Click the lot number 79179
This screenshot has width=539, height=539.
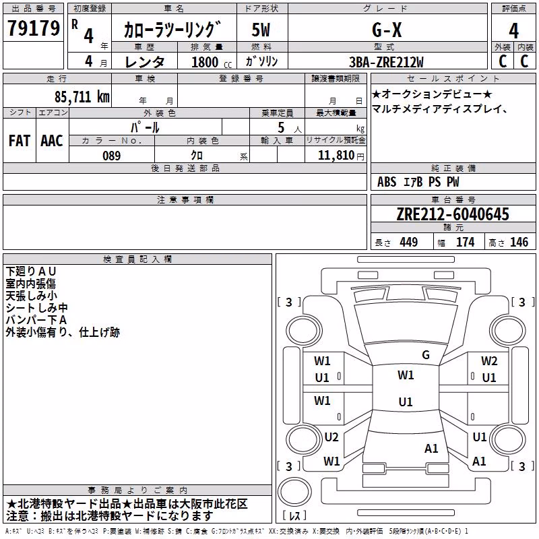[x=34, y=28]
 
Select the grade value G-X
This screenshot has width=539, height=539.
[x=387, y=30]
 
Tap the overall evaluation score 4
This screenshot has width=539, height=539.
[x=513, y=31]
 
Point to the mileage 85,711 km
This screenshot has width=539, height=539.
[x=82, y=97]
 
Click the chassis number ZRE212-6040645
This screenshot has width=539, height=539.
[x=453, y=214]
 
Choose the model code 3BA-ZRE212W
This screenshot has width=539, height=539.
[x=386, y=62]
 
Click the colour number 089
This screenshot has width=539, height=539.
[x=112, y=156]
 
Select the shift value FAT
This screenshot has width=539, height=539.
[x=20, y=141]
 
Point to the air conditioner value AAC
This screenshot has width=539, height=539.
[x=52, y=141]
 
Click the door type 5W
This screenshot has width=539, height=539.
[x=261, y=30]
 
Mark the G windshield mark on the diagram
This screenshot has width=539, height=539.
[x=426, y=355]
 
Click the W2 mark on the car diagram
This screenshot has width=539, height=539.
[x=489, y=361]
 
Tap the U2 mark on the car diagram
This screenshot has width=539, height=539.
[x=331, y=437]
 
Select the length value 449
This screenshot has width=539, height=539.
[x=409, y=242]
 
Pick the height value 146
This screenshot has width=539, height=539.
[x=519, y=242]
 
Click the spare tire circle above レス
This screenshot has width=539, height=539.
[x=294, y=492]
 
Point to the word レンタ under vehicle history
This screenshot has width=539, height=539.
[x=145, y=62]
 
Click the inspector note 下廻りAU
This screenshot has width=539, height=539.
[x=30, y=272]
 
